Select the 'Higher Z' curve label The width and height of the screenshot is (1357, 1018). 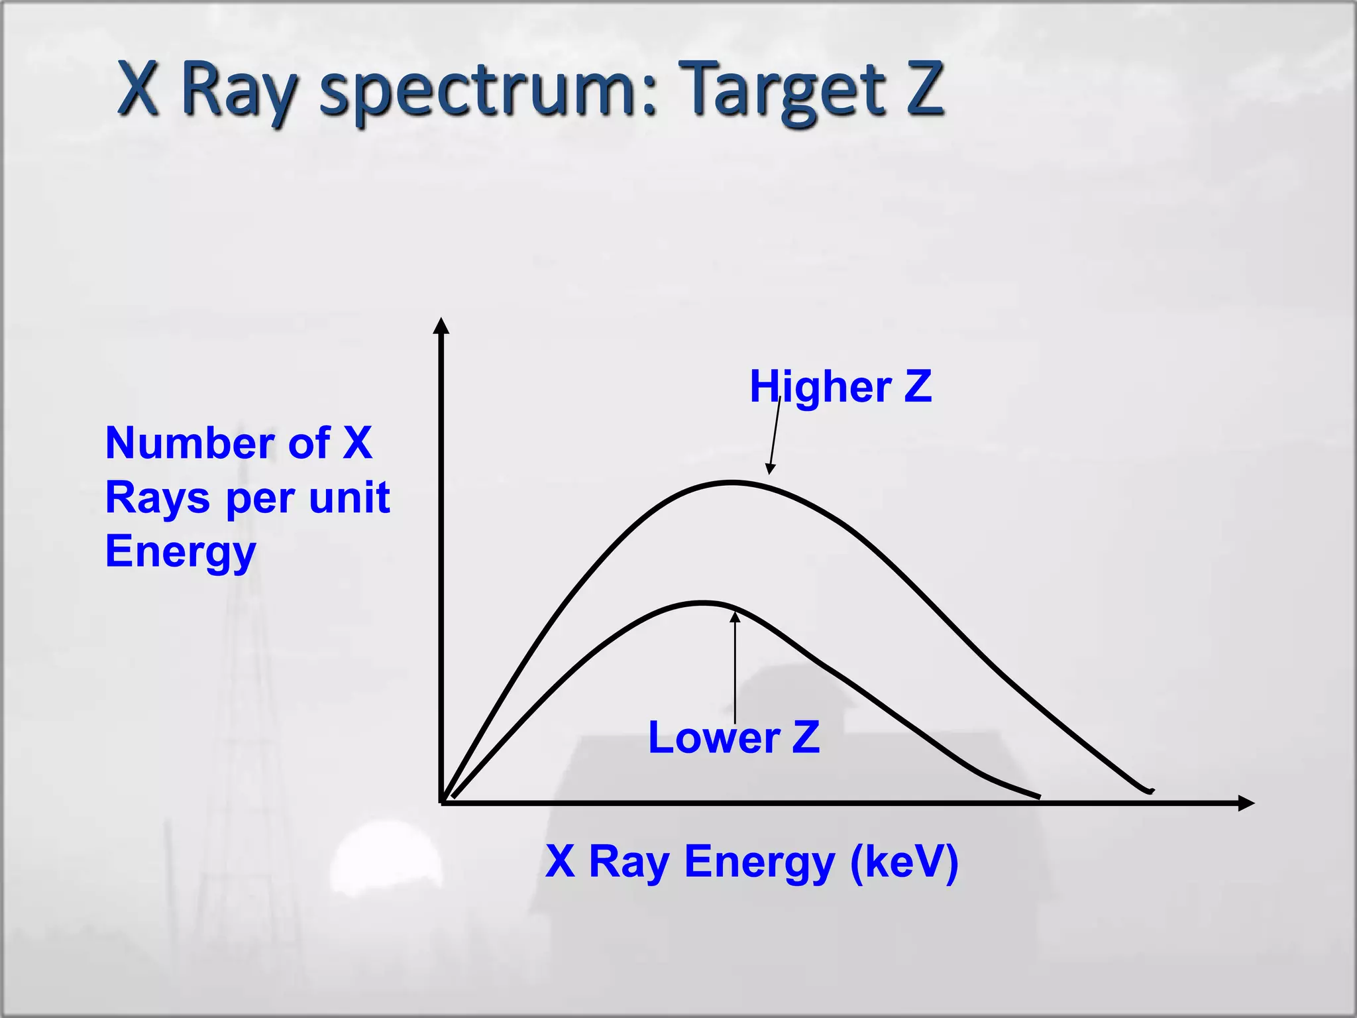point(840,386)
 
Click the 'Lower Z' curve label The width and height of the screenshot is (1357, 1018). point(733,738)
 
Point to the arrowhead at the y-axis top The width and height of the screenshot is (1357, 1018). point(441,325)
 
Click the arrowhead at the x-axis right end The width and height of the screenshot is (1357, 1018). point(1246,803)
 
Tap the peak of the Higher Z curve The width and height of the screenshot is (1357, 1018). point(732,483)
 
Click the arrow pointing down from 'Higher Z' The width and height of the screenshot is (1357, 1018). point(774,437)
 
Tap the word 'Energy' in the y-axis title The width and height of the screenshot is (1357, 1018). point(180,552)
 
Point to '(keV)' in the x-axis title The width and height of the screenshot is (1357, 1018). point(904,862)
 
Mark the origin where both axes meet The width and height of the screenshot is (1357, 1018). point(442,803)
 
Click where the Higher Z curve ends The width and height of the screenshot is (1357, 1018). point(1152,791)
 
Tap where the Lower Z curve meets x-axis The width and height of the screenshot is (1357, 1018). point(1039,797)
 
